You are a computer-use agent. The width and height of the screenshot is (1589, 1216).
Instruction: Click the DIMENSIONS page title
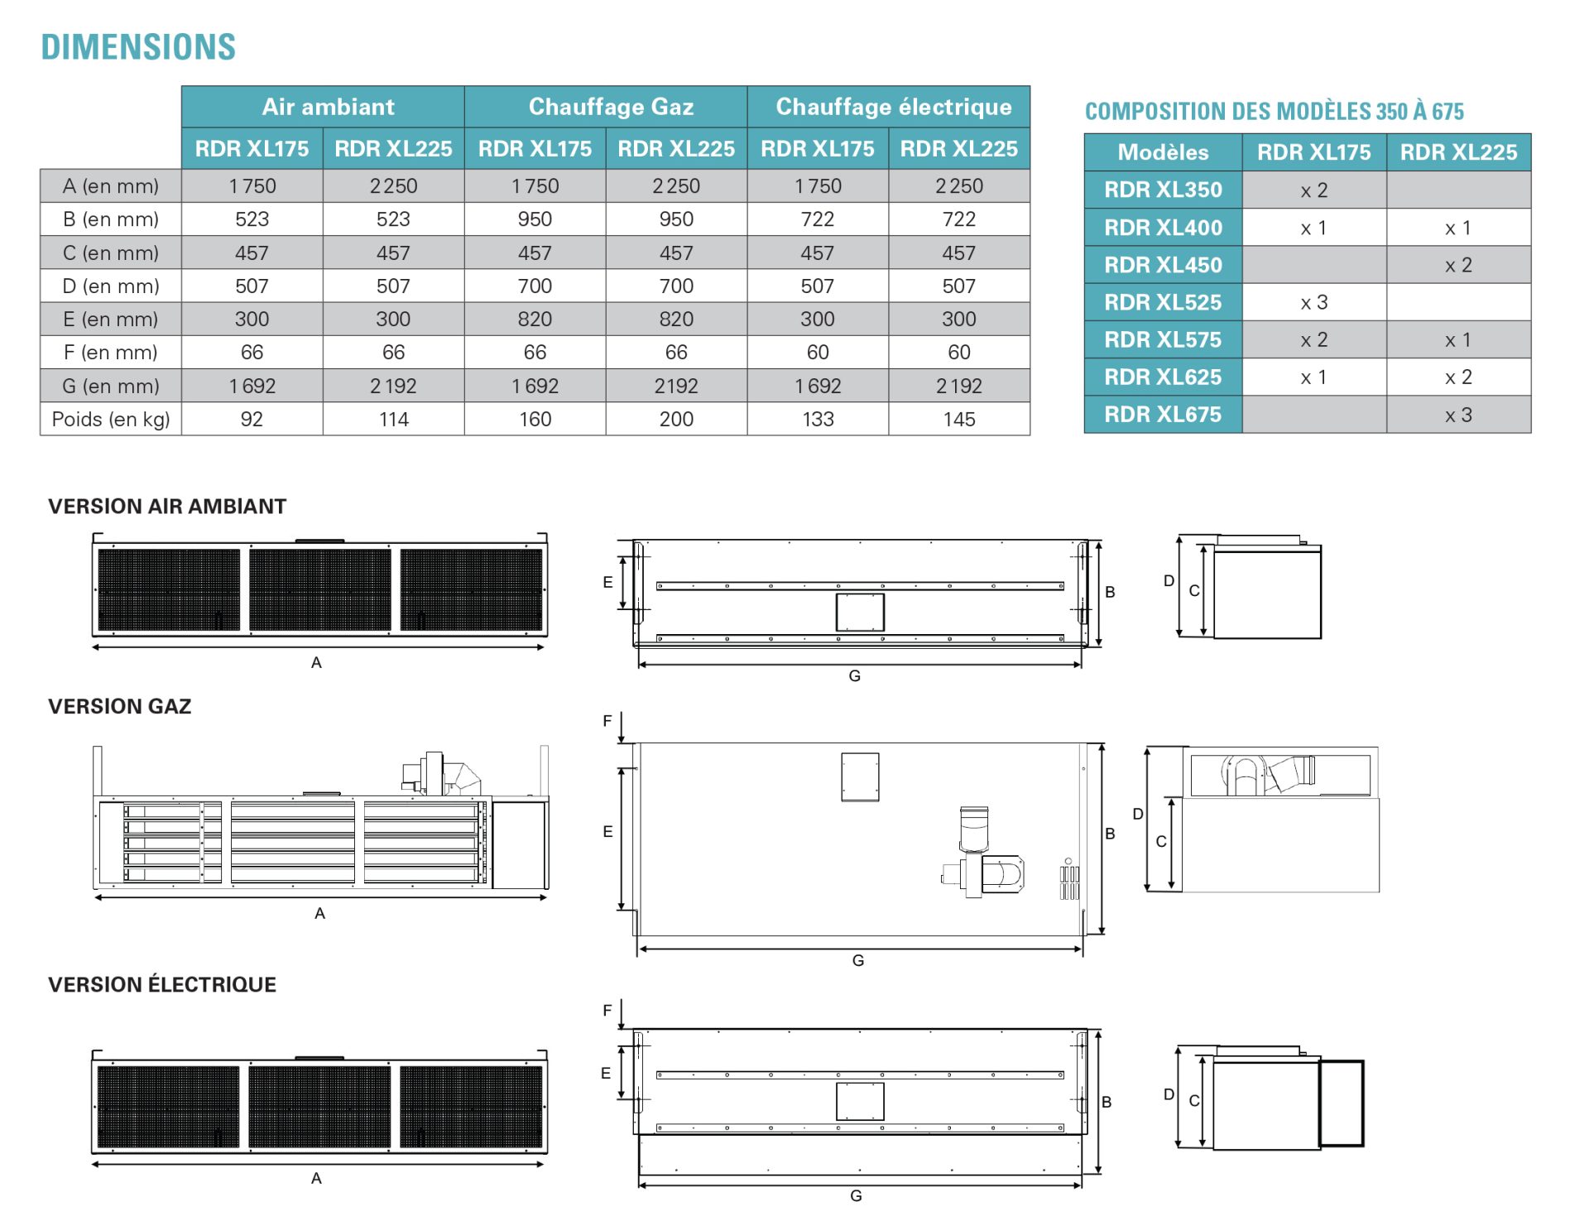(x=138, y=47)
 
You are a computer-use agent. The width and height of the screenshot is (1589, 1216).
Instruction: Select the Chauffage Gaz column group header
(x=611, y=107)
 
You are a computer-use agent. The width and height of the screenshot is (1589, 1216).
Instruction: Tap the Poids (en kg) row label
(x=111, y=419)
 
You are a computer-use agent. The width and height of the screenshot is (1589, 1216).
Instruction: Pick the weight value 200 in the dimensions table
(x=676, y=419)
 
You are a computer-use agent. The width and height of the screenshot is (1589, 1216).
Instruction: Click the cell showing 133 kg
(x=818, y=419)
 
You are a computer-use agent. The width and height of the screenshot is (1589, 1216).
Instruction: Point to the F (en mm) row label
(x=111, y=353)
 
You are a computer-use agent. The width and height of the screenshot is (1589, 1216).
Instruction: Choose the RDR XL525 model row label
(x=1163, y=302)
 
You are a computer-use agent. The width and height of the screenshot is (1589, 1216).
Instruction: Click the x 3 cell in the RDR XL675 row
(x=1458, y=415)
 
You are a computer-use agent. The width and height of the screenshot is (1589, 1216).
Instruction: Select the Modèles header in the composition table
(x=1163, y=152)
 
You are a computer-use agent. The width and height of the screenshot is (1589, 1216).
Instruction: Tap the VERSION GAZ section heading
(x=120, y=706)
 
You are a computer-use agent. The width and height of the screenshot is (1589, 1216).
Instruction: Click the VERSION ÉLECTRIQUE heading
(x=162, y=984)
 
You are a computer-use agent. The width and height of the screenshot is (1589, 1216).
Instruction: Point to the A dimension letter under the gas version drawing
(x=319, y=913)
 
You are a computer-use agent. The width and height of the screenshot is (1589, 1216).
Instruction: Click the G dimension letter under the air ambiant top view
(x=855, y=676)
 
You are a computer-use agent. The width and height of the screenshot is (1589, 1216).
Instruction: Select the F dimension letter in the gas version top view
(x=607, y=721)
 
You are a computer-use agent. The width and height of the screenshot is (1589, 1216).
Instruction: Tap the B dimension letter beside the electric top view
(x=1107, y=1102)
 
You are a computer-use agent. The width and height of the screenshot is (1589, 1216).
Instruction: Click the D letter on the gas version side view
(x=1138, y=814)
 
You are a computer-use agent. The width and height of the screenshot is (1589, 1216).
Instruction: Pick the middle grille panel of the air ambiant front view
(x=320, y=590)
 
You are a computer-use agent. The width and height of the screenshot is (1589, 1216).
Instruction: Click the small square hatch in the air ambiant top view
(x=860, y=613)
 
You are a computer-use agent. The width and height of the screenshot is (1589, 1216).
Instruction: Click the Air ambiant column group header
(x=328, y=107)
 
